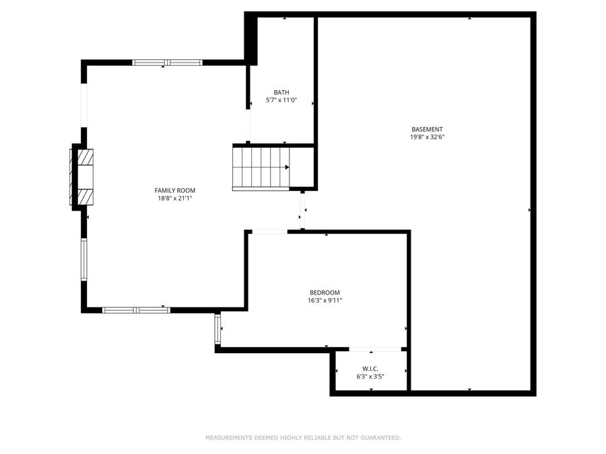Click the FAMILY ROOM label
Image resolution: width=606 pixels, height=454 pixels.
pos(174,190)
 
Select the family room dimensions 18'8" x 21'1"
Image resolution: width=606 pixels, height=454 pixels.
pos(174,198)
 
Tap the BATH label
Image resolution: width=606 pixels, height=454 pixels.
pos(281,92)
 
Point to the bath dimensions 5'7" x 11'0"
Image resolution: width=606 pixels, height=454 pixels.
pos(281,101)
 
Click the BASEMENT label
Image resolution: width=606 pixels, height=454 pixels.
pos(428,129)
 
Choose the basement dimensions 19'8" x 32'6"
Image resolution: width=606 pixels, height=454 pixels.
pos(428,137)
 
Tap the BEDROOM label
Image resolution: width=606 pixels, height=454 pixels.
pos(325,293)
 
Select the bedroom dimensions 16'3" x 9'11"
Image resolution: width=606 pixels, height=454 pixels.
pos(325,301)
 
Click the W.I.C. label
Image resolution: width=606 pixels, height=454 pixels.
pos(370,369)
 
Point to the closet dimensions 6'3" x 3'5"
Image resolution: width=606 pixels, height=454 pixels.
pos(370,377)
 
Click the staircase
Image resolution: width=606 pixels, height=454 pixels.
pos(261,168)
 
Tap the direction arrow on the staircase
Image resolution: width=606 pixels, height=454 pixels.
pos(288,167)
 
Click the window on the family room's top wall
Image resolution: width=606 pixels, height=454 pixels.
pos(167,63)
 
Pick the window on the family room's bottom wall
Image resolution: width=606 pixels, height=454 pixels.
pos(136,310)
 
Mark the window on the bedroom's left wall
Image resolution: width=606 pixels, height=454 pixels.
pos(217,329)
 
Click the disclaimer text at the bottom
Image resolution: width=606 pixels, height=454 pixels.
pos(303,438)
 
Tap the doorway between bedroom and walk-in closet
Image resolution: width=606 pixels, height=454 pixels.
pos(374,349)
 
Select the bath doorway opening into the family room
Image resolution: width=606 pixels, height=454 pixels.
pos(248,124)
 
